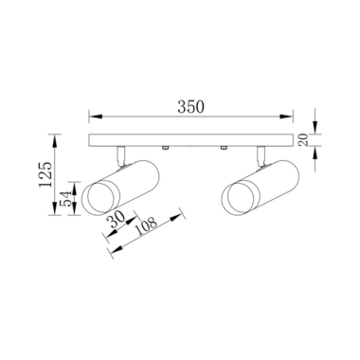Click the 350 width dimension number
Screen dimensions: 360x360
tap(190, 107)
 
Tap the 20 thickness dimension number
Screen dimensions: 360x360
tap(302, 139)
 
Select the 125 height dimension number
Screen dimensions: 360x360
tap(45, 174)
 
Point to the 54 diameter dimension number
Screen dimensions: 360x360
tap(67, 199)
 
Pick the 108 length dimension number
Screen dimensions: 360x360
tap(146, 225)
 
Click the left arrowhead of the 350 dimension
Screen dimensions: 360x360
tap(96, 117)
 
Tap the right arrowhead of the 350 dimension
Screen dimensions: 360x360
tap(286, 117)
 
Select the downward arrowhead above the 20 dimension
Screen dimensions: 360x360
tap(315, 127)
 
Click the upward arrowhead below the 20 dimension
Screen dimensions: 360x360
tap(315, 153)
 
